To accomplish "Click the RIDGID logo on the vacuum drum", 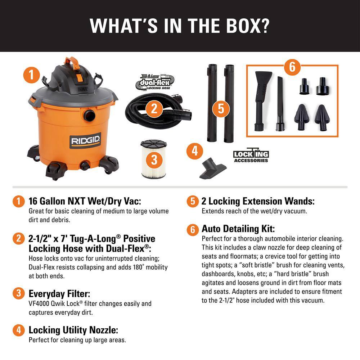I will click(x=86, y=140).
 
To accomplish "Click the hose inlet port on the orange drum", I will click(x=89, y=116).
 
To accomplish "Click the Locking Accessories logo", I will click(x=251, y=156).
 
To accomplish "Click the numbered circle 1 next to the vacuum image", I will click(x=32, y=75).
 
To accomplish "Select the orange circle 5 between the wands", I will click(x=221, y=109).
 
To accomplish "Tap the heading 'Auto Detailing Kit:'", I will click(x=238, y=229).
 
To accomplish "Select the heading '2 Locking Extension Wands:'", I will click(x=258, y=202).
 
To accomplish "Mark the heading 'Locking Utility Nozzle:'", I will click(x=73, y=330).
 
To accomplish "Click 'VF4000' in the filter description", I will click(x=40, y=304).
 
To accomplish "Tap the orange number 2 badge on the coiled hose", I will click(x=154, y=109).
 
